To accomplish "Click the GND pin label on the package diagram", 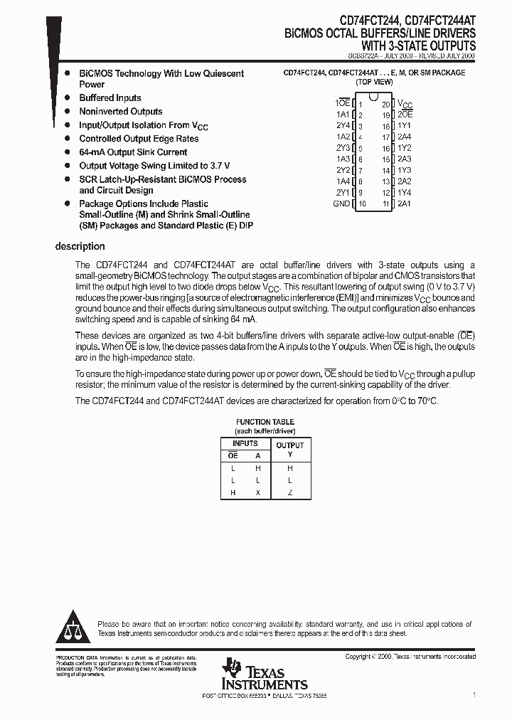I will [x=341, y=203].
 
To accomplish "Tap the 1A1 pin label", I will [x=343, y=115].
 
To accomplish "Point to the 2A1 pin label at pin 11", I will [x=405, y=203].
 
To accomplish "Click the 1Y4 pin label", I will [x=405, y=193].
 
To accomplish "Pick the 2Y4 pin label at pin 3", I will [x=343, y=126].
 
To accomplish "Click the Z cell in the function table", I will [x=289, y=493].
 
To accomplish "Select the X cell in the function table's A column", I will [x=257, y=493].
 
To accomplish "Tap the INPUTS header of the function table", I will [x=245, y=443].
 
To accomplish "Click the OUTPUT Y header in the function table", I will [x=289, y=450].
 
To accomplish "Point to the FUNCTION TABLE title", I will [x=265, y=422].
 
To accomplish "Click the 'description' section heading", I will [x=80, y=247].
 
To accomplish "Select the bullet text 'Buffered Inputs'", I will [x=110, y=98].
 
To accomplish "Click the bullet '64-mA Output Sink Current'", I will [x=133, y=152].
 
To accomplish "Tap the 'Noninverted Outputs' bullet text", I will [x=120, y=112].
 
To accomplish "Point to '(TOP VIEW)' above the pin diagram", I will [x=374, y=82].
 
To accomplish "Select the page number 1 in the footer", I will [x=474, y=693].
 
